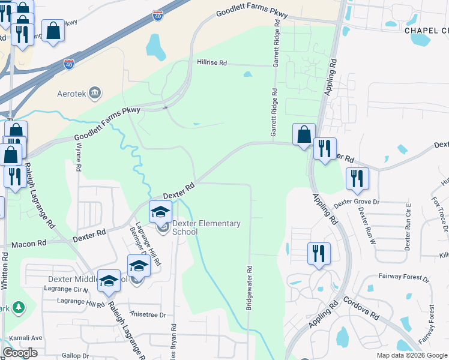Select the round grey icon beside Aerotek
pyautogui.click(x=94, y=92)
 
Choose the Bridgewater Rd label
pyautogui.click(x=249, y=287)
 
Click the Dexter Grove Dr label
pyautogui.click(x=357, y=203)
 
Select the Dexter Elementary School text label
pyautogui.click(x=206, y=228)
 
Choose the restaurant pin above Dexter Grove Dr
pyautogui.click(x=357, y=178)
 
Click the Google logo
pyautogui.click(x=20, y=353)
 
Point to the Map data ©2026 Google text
pyautogui.click(x=411, y=355)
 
